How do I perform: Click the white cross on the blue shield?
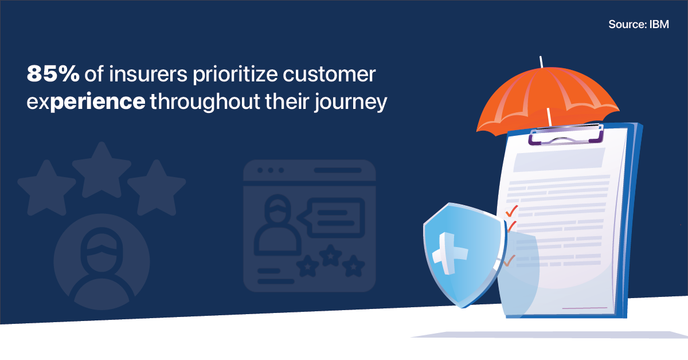tap(449, 251)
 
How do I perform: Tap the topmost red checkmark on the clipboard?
tap(511, 210)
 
